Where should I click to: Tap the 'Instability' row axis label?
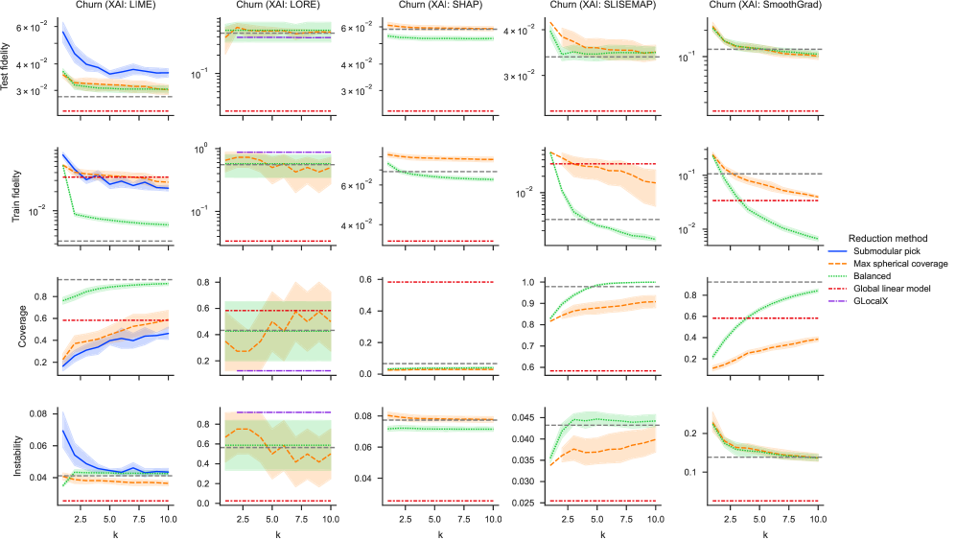coord(9,456)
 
